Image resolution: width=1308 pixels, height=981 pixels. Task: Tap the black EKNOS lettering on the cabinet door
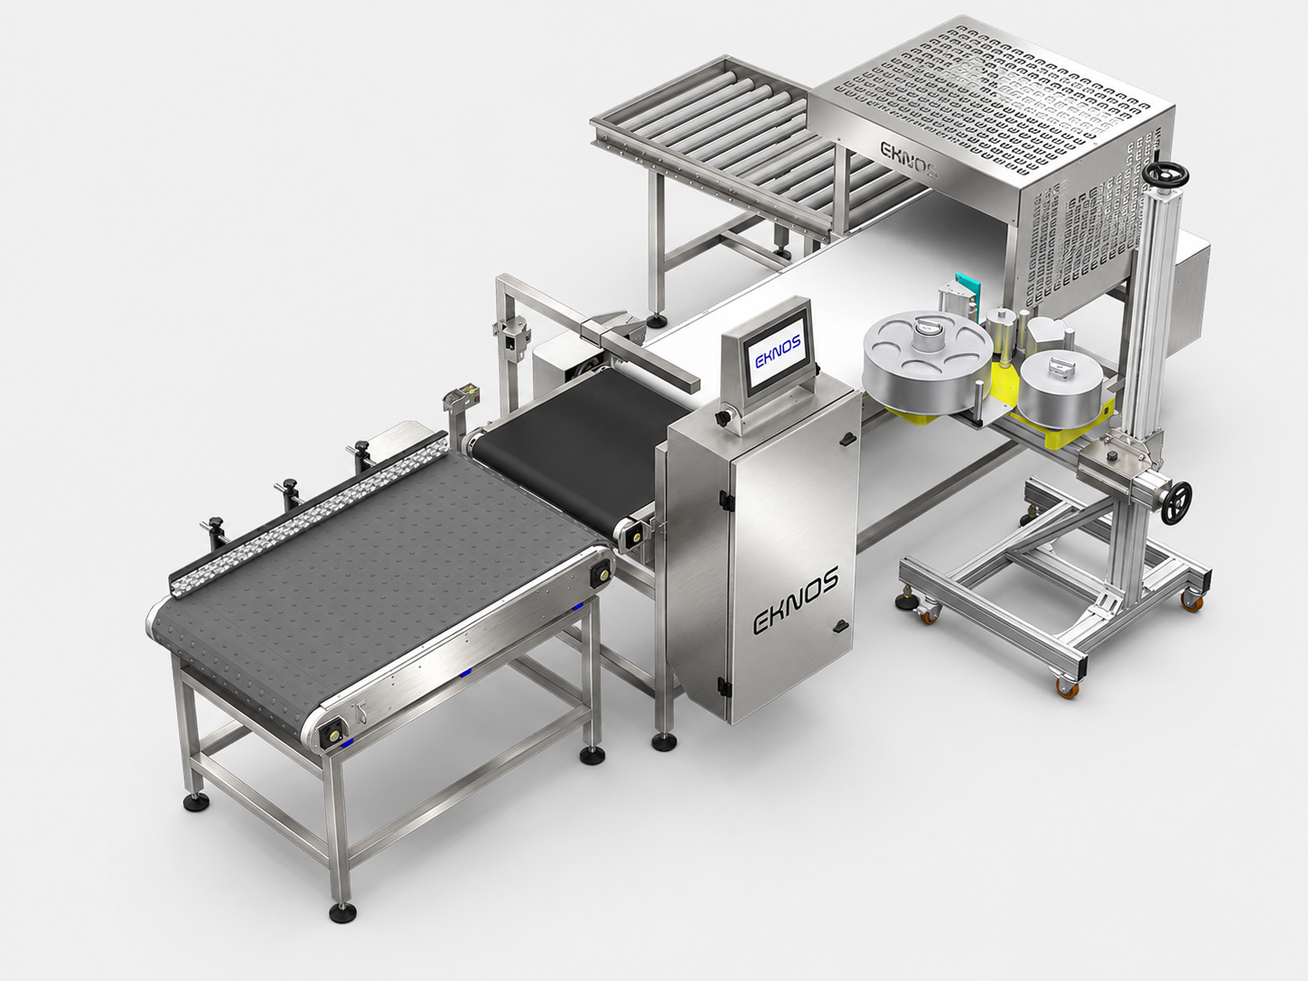click(x=796, y=601)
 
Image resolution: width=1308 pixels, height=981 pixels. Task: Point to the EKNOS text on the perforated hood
click(x=910, y=159)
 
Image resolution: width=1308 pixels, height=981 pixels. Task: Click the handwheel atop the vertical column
click(x=1165, y=174)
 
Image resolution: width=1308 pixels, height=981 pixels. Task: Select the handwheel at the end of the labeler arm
click(x=1176, y=503)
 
